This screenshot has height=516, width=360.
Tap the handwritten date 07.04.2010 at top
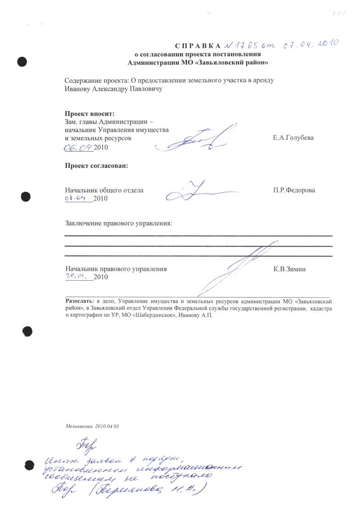(310, 44)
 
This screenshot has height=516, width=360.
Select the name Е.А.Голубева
(293, 138)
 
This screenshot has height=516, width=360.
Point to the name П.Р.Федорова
(294, 190)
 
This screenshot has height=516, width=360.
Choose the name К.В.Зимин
(291, 269)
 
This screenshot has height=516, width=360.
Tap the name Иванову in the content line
(78, 89)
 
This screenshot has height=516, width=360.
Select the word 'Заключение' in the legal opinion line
(83, 223)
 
